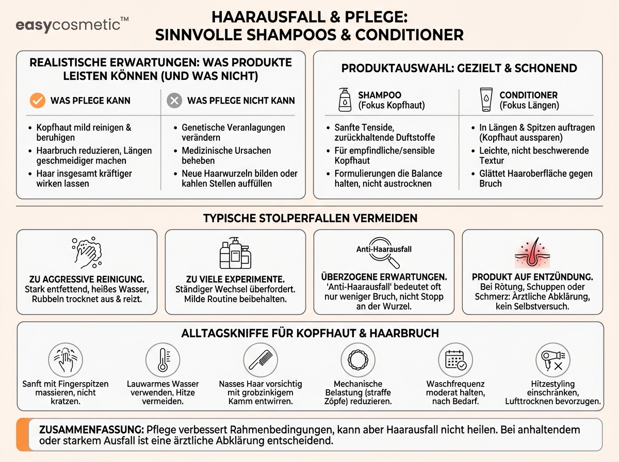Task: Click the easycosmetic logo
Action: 72,25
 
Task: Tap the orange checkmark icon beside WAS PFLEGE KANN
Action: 37,101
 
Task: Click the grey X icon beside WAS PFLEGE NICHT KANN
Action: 175,101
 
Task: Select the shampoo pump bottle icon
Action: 345,100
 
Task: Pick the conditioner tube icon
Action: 485,100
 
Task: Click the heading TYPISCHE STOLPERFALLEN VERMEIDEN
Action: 309,218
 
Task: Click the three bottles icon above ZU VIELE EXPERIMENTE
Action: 235,252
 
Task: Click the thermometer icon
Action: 163,359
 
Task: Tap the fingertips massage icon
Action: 66,359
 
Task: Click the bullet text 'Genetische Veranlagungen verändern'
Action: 233,133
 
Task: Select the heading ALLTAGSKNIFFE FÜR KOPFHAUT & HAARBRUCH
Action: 309,333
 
